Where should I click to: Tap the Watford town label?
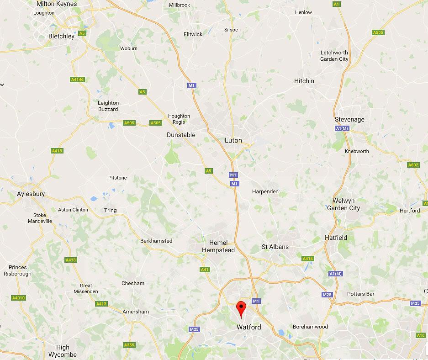pos(249,327)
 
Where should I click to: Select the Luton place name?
pos(233,140)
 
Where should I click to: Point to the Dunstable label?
pos(181,135)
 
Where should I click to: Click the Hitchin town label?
pos(304,81)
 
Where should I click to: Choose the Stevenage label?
pos(350,119)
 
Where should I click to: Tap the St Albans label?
pos(275,247)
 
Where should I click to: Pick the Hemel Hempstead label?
pos(222,246)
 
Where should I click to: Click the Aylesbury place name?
pos(31,194)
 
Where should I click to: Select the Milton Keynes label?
pos(57,4)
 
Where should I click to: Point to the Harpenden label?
pos(265,191)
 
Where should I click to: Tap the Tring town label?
pos(111,210)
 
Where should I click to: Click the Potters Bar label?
pos(361,294)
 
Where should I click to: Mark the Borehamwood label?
pos(311,327)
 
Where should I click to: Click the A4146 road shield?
pos(78,79)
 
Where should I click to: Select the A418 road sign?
pos(57,151)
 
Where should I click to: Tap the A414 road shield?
pos(308,259)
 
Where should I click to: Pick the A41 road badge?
pos(205,270)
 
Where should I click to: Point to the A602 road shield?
pos(413,165)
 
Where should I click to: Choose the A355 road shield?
pos(129,345)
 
